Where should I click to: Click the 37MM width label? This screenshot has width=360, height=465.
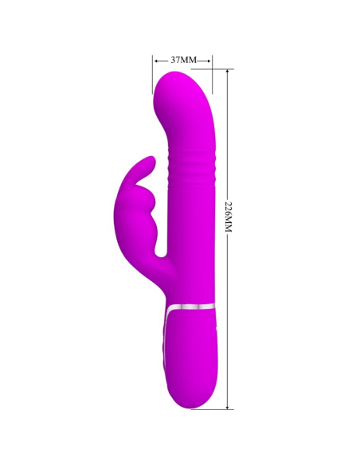183,60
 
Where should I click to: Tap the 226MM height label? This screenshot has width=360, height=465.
229,216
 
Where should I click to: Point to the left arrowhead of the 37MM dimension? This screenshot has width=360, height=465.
155,60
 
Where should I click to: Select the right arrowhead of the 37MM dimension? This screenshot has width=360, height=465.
210,60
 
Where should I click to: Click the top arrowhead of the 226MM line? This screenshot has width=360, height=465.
229,72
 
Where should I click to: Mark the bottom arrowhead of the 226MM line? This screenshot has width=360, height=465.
229,406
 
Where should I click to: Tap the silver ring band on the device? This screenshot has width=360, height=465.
192,305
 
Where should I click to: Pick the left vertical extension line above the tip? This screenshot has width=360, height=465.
153,76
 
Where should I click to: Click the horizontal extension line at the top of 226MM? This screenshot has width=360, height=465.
223,68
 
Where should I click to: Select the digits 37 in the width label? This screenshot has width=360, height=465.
177,60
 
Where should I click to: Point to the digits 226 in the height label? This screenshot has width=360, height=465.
229,209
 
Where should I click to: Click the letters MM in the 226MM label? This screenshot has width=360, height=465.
229,225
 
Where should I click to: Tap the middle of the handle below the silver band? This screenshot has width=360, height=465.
191,350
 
